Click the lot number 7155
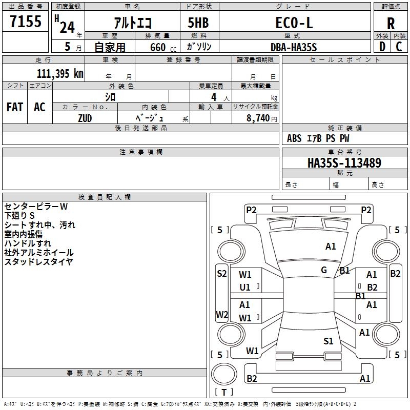(26, 21)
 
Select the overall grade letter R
(391, 24)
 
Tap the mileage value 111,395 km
(60, 73)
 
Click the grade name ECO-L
(294, 23)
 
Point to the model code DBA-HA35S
(294, 47)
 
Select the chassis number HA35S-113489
(344, 163)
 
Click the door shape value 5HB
(198, 23)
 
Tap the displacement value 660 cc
(163, 47)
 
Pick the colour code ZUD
(85, 118)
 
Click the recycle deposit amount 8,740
(258, 118)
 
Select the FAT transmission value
(15, 107)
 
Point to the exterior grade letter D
(382, 47)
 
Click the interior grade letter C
(399, 47)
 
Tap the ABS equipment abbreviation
(294, 138)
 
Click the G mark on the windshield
(324, 270)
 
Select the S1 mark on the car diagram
(328, 341)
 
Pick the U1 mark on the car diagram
(245, 288)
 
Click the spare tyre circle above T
(224, 374)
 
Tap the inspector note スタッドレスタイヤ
(38, 261)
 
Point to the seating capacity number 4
(214, 97)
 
